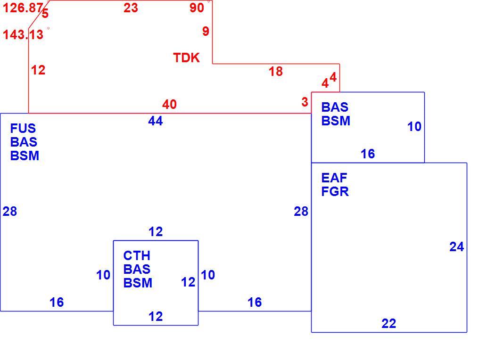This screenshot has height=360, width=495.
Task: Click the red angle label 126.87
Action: [23, 8]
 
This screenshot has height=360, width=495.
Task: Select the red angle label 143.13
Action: [23, 35]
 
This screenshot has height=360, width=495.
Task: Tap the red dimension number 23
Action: [131, 8]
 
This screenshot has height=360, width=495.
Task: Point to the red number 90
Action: [197, 8]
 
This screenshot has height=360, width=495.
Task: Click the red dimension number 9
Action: [206, 31]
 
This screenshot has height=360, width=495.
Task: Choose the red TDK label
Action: [187, 58]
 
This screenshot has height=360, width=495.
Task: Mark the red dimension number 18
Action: [276, 71]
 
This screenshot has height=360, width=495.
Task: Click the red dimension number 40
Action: [170, 104]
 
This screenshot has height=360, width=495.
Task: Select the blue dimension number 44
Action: [155, 121]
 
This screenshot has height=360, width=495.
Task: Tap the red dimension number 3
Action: [305, 102]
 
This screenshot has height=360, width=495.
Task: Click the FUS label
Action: [23, 129]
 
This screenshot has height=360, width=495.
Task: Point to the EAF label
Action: [334, 178]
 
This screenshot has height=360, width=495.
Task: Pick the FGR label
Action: [335, 191]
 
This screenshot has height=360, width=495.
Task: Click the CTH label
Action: [137, 255]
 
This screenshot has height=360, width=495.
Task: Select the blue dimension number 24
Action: [456, 247]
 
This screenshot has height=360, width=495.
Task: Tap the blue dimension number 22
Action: [388, 323]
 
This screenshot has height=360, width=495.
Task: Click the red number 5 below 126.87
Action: [45, 14]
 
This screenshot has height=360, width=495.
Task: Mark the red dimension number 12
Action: [38, 70]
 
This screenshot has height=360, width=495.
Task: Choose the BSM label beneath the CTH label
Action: [138, 283]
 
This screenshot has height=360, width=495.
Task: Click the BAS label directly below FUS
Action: [24, 142]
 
